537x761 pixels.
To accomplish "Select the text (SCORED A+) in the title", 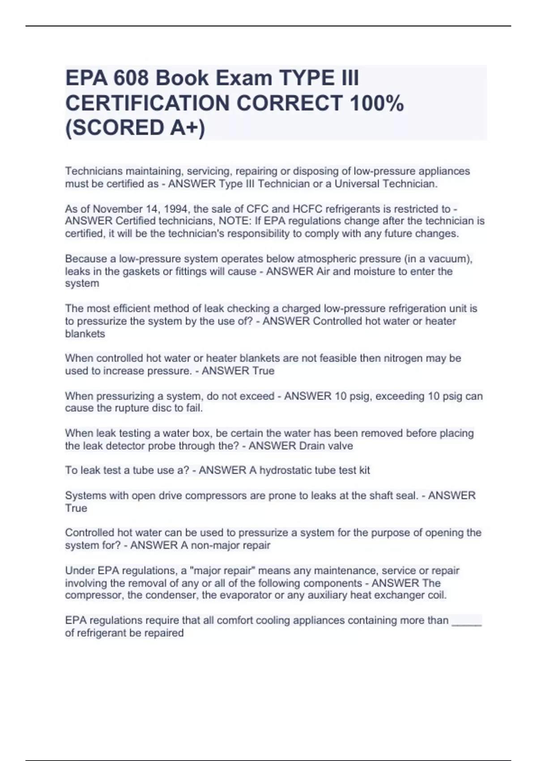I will [x=135, y=128].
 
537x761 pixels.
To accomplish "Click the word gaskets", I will [x=142, y=271].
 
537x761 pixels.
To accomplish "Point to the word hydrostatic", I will [x=285, y=470].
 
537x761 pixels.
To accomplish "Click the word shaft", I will [x=381, y=496].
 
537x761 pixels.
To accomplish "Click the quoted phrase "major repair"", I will [x=216, y=571].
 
